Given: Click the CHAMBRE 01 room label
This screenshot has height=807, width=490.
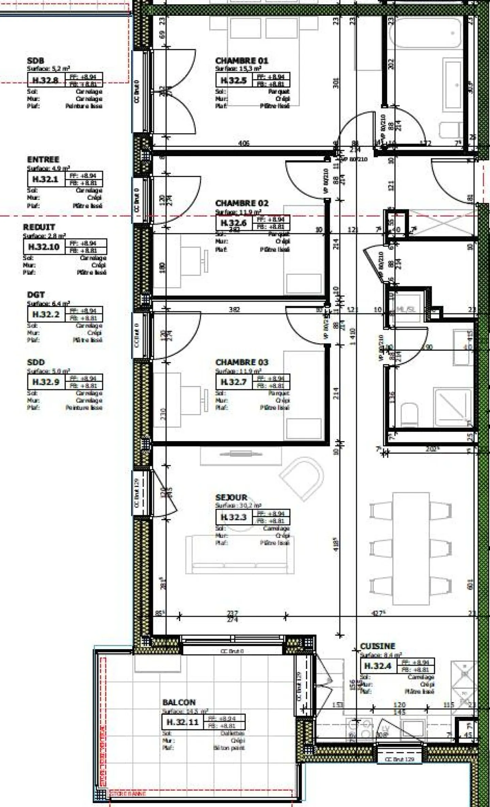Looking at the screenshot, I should [x=242, y=61].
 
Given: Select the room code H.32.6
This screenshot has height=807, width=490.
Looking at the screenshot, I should [x=234, y=223].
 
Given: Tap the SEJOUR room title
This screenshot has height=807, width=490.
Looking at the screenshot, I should [x=231, y=497].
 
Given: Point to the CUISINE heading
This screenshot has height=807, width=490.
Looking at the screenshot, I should [x=377, y=646].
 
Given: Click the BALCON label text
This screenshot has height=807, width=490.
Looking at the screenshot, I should [x=179, y=703].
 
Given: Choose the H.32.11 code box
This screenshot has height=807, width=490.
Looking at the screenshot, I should [x=182, y=722].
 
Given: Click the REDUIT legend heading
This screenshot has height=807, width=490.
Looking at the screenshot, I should [x=39, y=227].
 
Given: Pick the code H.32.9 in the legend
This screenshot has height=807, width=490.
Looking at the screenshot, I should [x=46, y=382].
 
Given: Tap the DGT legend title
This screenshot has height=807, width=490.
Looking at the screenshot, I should [x=36, y=295].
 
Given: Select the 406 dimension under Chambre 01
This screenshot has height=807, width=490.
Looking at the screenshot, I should [x=244, y=143].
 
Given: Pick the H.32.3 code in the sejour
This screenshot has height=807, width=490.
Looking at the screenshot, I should [x=233, y=517].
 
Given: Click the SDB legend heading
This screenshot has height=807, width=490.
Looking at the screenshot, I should [x=35, y=61].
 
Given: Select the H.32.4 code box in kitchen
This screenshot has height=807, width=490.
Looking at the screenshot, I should [x=378, y=666].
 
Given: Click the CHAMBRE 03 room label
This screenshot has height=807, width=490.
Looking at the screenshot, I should [x=242, y=362].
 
